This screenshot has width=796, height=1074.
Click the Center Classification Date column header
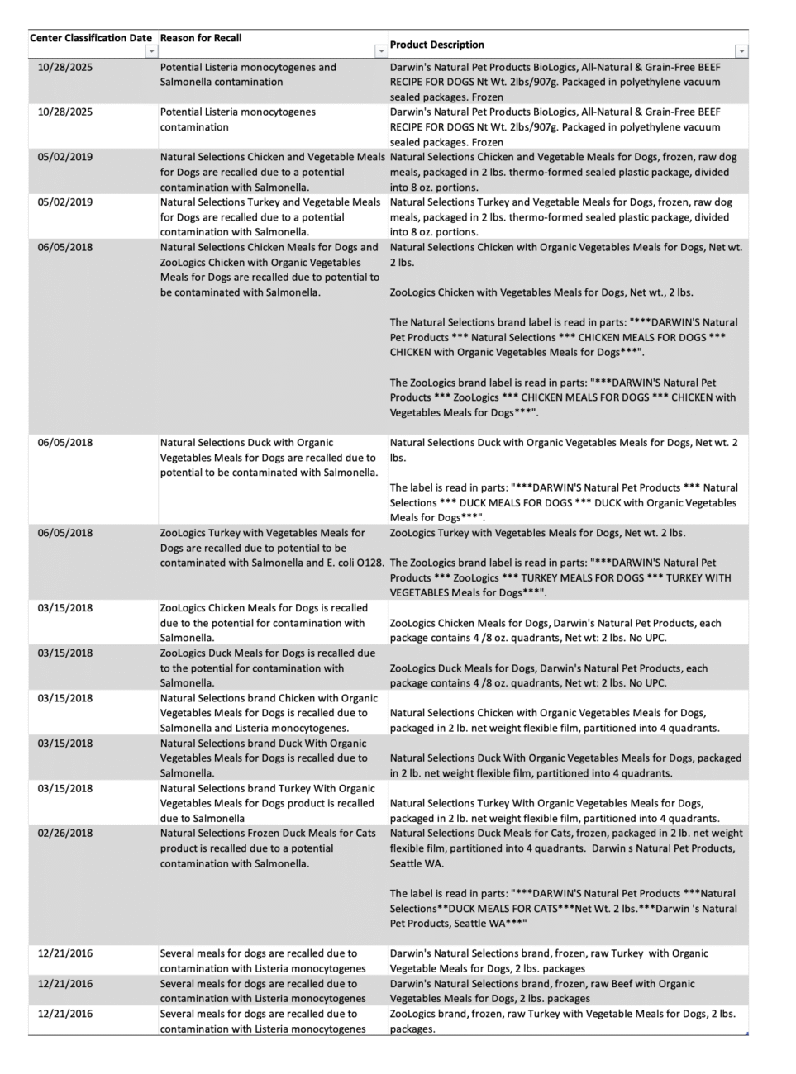(x=91, y=38)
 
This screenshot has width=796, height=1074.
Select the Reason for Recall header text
(x=201, y=38)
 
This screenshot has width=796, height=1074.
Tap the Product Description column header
(x=437, y=45)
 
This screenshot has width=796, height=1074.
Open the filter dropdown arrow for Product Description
(x=741, y=51)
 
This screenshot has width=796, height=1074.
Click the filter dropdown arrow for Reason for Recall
(x=381, y=51)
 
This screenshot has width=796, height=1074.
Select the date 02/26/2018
(x=65, y=833)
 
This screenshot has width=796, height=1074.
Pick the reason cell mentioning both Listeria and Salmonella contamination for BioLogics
(x=248, y=74)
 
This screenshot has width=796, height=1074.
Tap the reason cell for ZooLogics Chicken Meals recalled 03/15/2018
(x=264, y=623)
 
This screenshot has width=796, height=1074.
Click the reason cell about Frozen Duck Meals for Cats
(x=267, y=848)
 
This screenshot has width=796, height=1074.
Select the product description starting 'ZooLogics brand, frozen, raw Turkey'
(x=562, y=1021)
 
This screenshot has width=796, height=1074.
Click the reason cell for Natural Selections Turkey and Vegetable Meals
(x=270, y=217)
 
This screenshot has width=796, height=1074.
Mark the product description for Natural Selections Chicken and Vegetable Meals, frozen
(x=563, y=172)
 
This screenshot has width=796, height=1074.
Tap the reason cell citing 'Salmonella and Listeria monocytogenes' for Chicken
(x=269, y=713)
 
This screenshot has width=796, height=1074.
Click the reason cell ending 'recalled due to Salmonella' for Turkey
(x=267, y=803)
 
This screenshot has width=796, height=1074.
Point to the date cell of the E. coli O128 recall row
(x=65, y=533)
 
